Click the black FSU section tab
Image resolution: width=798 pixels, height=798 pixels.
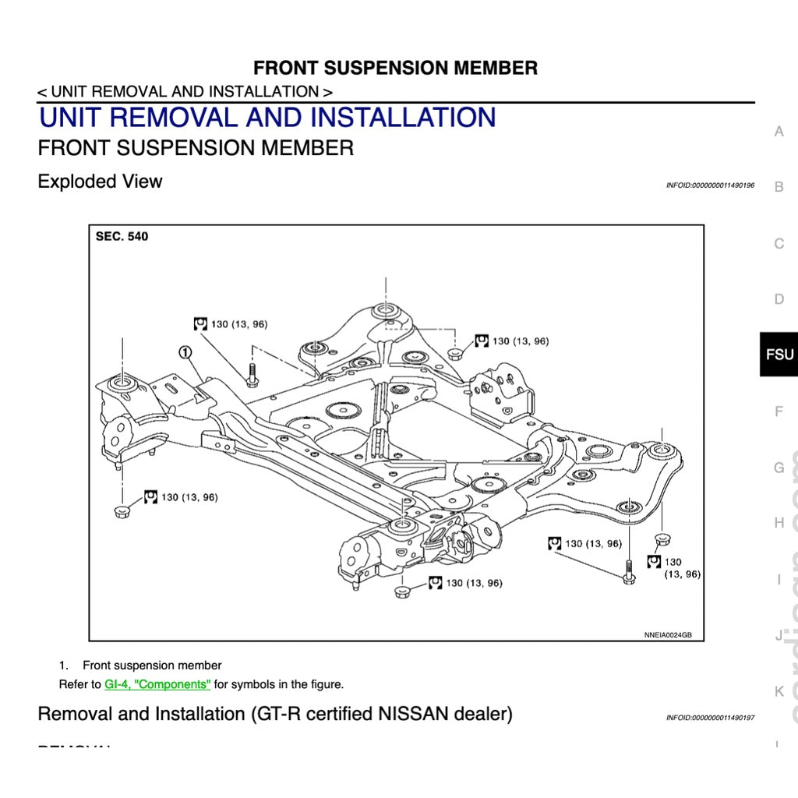pyautogui.click(x=779, y=355)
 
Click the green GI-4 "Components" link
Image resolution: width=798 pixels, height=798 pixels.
pyautogui.click(x=157, y=684)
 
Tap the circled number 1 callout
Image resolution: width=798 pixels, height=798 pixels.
pyautogui.click(x=185, y=352)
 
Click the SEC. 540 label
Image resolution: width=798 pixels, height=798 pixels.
pyautogui.click(x=122, y=236)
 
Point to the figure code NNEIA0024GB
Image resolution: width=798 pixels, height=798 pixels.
pyautogui.click(x=668, y=635)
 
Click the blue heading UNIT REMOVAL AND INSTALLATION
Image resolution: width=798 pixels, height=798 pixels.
pyautogui.click(x=267, y=118)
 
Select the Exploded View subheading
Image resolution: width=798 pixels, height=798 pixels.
pyautogui.click(x=100, y=182)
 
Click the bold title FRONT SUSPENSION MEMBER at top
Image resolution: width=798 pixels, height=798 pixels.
pyautogui.click(x=395, y=68)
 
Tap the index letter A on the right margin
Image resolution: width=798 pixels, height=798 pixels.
pyautogui.click(x=779, y=132)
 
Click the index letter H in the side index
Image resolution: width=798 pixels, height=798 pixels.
pyautogui.click(x=779, y=523)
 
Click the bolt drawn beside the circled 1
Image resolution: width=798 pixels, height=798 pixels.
pyautogui.click(x=252, y=375)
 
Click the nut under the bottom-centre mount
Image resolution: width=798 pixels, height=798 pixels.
pyautogui.click(x=403, y=591)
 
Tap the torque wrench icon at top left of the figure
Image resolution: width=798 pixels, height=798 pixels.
pyautogui.click(x=200, y=323)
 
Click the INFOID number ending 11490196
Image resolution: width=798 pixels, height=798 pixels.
pyautogui.click(x=710, y=185)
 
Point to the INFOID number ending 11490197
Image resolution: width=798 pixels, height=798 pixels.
pyautogui.click(x=710, y=718)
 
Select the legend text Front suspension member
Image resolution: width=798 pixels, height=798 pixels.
pyautogui.click(x=152, y=666)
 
